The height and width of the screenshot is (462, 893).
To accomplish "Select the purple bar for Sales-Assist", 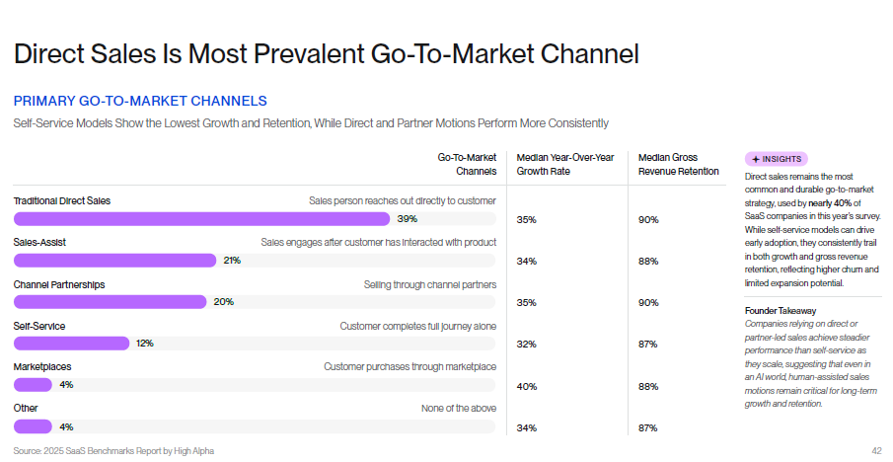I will coord(114,261).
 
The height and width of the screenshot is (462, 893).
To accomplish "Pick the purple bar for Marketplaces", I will coord(33,385).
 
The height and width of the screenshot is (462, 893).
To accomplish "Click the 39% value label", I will coord(406,218).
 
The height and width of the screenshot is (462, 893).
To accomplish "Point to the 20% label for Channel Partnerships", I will coord(223,302).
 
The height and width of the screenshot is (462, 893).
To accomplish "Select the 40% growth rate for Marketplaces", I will coord(526,386).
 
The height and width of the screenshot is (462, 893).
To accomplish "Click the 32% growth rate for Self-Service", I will coord(526,345).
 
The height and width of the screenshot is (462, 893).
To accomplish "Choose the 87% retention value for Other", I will coord(647,427).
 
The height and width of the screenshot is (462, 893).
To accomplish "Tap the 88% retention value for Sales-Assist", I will coord(647,262).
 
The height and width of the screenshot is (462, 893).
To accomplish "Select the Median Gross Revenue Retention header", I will coord(678,164).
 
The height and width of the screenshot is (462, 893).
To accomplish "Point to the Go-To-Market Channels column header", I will coord(467,164).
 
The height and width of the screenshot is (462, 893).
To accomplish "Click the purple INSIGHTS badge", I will coord(777,158).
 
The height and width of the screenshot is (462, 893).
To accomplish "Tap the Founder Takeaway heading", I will coord(780,311).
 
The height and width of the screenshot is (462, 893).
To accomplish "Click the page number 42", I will coord(875,451).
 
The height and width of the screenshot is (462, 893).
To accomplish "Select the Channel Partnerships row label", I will coord(58,284).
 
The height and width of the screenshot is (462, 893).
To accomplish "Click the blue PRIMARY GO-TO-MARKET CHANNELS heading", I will coord(140,101).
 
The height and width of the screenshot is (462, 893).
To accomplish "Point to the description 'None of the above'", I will coord(458,408).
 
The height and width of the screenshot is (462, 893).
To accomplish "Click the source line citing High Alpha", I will coord(113,451).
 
